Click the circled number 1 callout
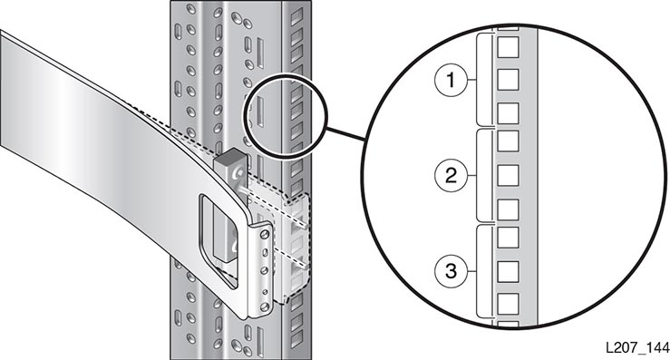tap(452, 80)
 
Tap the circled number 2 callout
tap(452, 175)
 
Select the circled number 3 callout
tap(452, 270)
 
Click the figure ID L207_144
tap(637, 347)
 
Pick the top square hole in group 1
tap(508, 47)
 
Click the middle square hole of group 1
tap(508, 80)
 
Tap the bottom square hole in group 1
tap(508, 112)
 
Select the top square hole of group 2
tap(508, 141)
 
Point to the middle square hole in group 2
tap(508, 175)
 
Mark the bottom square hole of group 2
tap(508, 209)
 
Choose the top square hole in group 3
tap(508, 238)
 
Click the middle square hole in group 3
tap(508, 271)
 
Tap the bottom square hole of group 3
tap(508, 304)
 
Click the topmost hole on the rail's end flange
tap(265, 234)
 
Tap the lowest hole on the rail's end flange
tap(265, 306)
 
